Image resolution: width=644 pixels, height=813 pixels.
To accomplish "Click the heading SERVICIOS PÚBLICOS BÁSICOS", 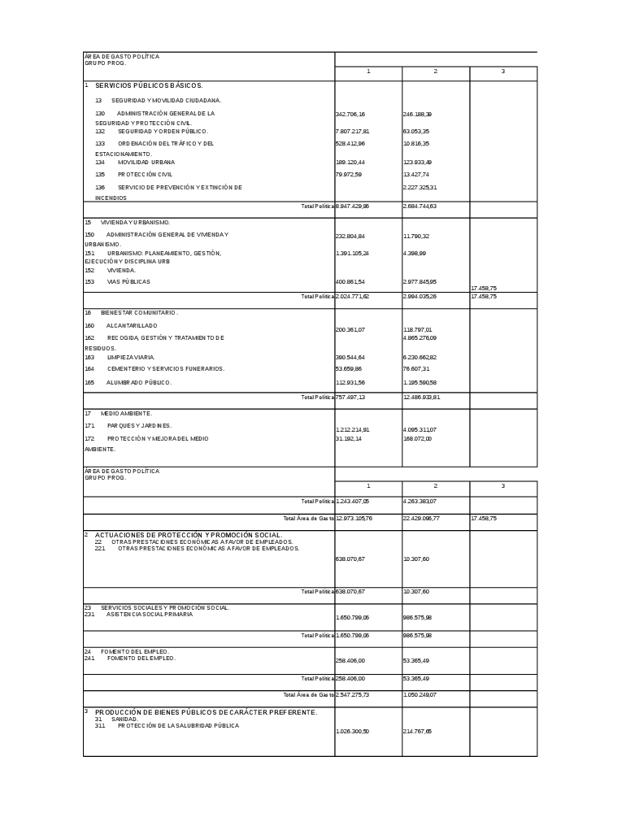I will point(149,85).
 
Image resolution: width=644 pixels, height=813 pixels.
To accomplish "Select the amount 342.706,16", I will point(350,115).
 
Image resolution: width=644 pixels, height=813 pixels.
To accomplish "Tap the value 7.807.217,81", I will point(353,131).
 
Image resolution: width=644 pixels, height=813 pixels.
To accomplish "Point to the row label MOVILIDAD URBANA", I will point(146,162).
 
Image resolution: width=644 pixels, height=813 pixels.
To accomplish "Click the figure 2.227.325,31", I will point(420,188).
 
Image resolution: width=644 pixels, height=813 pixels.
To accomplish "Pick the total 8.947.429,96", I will point(353,207).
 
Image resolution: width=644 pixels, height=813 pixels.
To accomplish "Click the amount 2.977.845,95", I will point(420,282).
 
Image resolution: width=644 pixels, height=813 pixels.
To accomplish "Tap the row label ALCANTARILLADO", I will point(132,325).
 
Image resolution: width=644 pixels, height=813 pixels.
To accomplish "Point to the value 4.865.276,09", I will point(420,337).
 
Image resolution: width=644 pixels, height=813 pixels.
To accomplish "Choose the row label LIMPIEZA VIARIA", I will point(131,357).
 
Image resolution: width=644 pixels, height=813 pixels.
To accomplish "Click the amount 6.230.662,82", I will point(420,358).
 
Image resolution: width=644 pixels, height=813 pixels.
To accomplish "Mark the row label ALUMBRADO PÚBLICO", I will point(139,382).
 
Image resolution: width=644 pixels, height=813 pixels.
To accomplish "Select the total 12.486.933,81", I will point(422,398).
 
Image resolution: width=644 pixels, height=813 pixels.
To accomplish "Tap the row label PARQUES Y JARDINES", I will point(139,425).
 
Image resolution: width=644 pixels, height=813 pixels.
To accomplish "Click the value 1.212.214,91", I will point(353,430).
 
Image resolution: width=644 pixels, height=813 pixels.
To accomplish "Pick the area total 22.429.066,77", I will point(422,518).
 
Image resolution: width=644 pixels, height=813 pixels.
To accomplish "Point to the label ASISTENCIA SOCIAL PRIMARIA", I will point(150,615).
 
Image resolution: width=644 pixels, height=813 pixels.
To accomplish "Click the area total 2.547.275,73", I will point(353,695).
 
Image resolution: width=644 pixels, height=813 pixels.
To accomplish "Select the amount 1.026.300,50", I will point(353,732).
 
